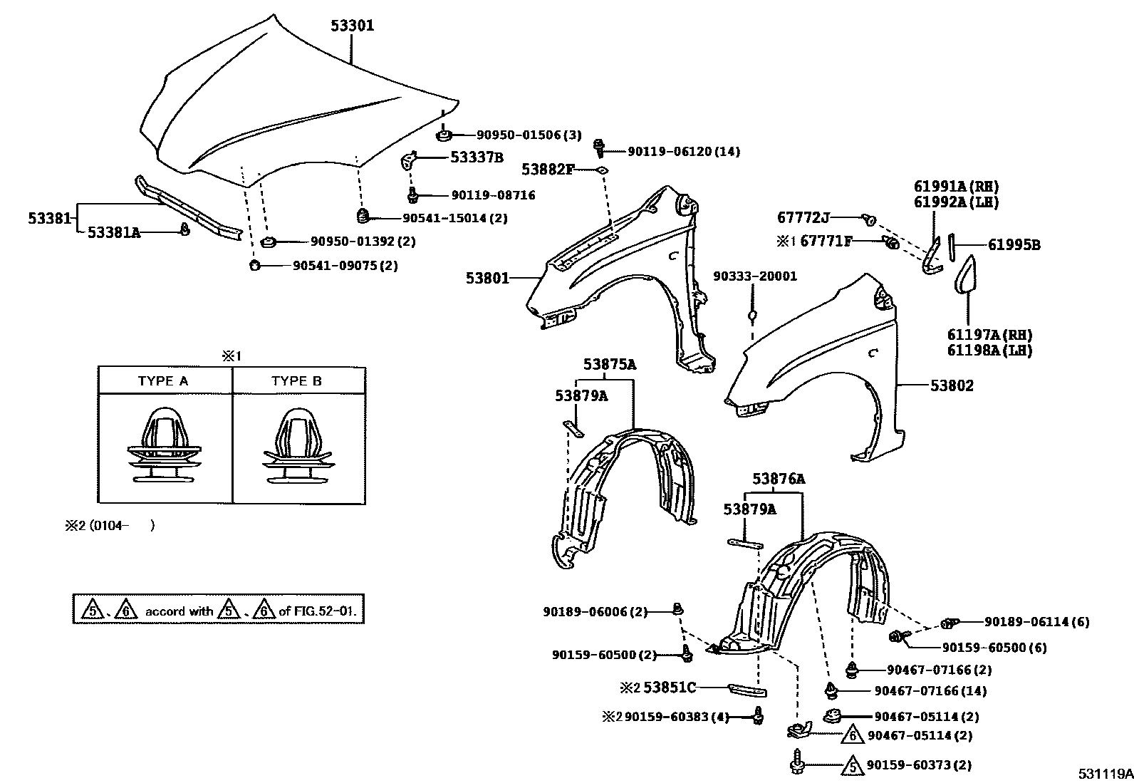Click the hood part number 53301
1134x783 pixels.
(352, 26)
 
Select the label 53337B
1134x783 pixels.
(477, 157)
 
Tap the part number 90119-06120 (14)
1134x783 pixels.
(683, 151)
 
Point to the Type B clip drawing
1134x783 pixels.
(297, 447)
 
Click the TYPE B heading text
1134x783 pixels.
(296, 381)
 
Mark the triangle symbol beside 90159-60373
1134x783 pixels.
(852, 766)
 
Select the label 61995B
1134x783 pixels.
(1014, 245)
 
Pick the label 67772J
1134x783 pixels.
(803, 217)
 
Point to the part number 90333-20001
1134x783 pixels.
(755, 276)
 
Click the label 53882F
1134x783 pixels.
(547, 169)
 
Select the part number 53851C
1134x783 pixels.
(669, 688)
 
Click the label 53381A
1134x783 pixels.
(113, 232)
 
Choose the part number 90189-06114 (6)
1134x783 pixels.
(1036, 622)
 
